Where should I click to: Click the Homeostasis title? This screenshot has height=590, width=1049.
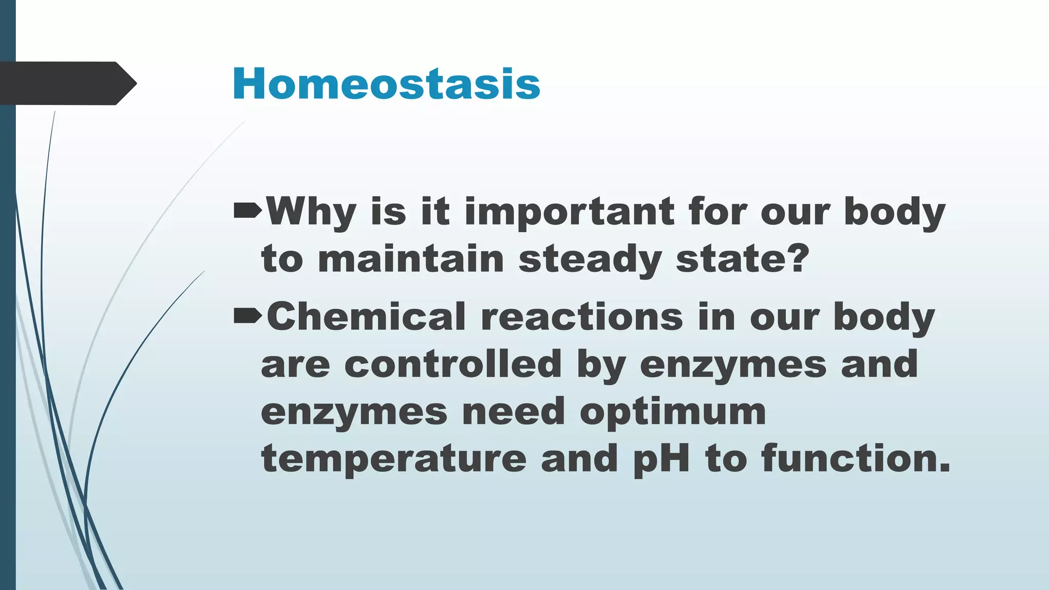386,84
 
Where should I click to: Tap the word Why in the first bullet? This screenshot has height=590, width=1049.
311,211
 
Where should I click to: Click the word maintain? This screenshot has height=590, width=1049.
411,259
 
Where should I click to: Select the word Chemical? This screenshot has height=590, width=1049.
366,317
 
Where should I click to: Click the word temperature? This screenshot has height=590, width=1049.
393,459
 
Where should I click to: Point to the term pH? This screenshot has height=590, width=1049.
661,459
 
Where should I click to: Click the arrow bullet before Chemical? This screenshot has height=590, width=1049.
247,317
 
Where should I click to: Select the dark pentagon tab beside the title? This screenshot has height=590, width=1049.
67,83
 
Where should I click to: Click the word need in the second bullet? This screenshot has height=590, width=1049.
513,412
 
